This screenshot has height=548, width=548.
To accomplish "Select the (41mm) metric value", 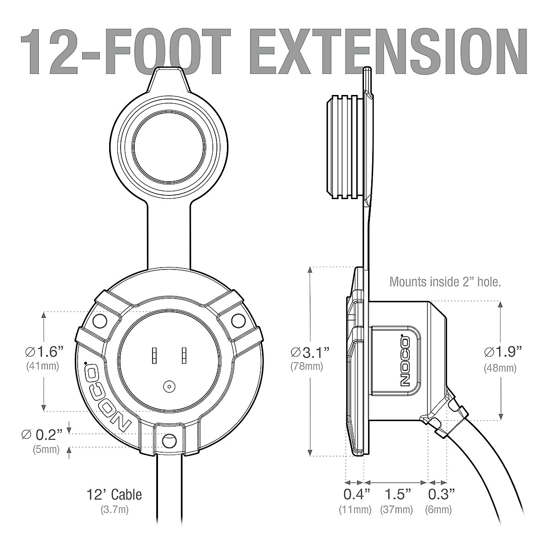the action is tap(42, 366).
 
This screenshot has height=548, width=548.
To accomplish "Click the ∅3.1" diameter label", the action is tap(310, 353).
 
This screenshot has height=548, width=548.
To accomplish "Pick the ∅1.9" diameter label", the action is tap(503, 353).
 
